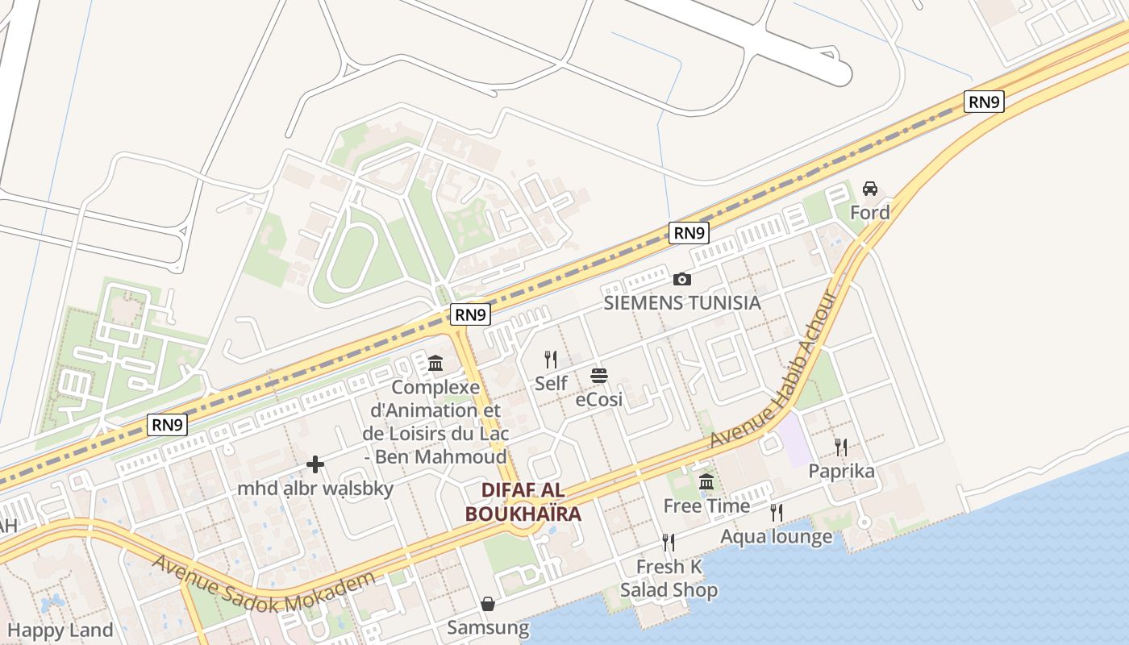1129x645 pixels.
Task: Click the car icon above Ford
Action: [x=870, y=189]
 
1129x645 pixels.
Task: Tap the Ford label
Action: [x=870, y=212]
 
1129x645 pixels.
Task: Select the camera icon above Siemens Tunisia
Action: [x=682, y=279]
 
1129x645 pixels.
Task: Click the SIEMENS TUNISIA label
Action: [x=682, y=302]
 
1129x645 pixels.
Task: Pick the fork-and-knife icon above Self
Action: [x=551, y=359]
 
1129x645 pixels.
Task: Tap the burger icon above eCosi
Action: [x=598, y=375]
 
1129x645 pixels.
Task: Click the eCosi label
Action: [x=598, y=398]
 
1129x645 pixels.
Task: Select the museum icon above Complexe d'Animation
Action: [x=436, y=363]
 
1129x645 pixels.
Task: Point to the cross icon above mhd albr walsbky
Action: [x=315, y=464]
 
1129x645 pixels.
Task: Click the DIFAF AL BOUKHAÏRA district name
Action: [x=523, y=501]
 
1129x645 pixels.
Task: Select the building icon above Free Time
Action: [x=706, y=482]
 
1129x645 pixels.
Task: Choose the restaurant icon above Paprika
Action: [x=841, y=447]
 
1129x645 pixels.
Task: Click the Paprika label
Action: [x=841, y=471]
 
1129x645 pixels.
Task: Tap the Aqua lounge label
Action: [x=776, y=536]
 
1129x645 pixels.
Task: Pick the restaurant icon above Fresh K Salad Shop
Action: [x=668, y=542]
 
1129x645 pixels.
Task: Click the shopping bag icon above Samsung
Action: [x=488, y=604]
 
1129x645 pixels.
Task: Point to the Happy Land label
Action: [x=60, y=630]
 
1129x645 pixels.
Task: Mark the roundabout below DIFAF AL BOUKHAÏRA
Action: [x=525, y=526]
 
